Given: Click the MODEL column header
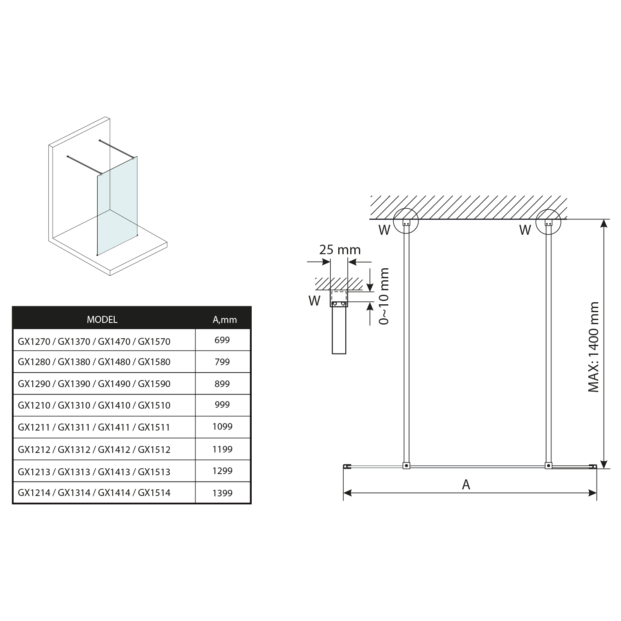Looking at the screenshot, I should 102,320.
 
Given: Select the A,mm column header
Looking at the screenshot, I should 225,320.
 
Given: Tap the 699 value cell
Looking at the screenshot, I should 222,340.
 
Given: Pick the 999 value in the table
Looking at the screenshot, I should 222,404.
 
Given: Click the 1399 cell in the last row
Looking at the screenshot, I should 222,493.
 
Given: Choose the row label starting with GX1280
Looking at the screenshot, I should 94,362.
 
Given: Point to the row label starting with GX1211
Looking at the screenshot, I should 94,427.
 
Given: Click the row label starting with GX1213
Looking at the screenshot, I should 94,472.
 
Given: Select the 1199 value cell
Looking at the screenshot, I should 222,449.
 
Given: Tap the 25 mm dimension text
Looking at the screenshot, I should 340,250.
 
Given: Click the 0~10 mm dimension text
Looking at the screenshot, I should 384,296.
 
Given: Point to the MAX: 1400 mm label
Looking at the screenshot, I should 594,347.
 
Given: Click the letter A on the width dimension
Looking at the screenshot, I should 466,484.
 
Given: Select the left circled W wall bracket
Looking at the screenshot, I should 406,221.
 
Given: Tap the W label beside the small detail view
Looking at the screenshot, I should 314,301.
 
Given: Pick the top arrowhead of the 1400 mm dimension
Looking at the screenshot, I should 604,224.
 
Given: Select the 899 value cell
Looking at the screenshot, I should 222,384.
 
